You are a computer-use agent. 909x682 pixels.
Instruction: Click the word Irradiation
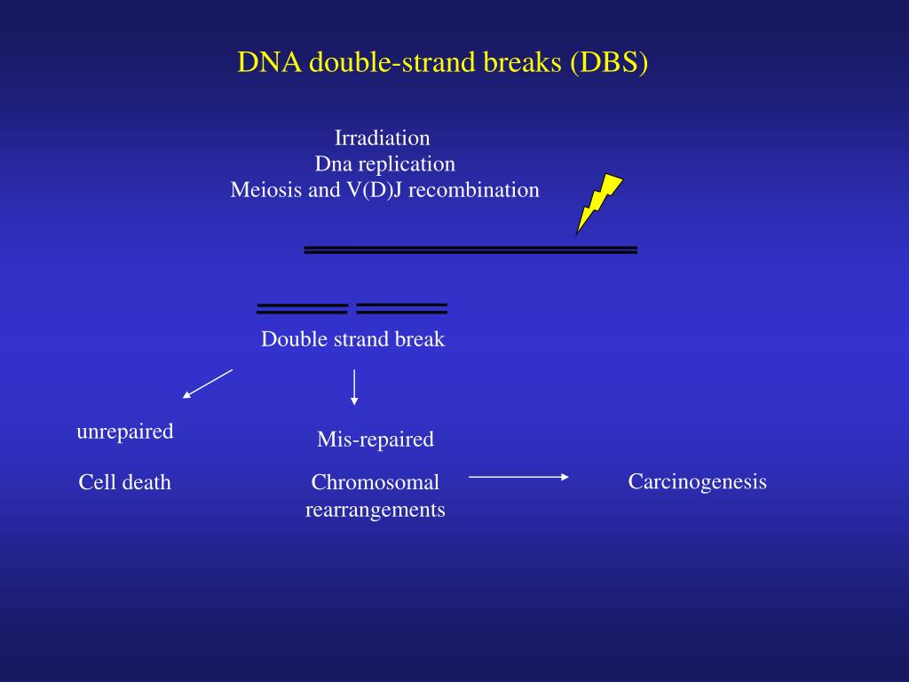(382, 139)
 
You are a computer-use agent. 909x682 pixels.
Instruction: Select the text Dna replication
(384, 164)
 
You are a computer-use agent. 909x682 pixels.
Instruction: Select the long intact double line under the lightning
(470, 250)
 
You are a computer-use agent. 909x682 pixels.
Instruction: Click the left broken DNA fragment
(302, 309)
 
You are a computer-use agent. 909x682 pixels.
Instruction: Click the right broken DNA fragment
(401, 308)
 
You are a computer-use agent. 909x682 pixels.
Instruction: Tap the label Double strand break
(352, 339)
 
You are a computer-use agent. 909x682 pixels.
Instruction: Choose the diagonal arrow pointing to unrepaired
(208, 384)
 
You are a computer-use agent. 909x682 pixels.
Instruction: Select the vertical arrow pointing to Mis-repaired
(354, 387)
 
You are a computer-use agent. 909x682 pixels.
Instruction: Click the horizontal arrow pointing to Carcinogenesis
(518, 478)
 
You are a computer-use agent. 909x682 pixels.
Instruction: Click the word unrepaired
(124, 432)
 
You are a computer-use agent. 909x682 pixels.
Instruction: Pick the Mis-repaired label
(375, 439)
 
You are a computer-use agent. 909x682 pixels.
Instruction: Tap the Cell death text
(124, 483)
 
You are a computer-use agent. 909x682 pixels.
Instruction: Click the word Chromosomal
(375, 483)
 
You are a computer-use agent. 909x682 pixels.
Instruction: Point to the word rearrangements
(375, 510)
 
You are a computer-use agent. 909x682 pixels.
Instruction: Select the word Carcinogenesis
(697, 482)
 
